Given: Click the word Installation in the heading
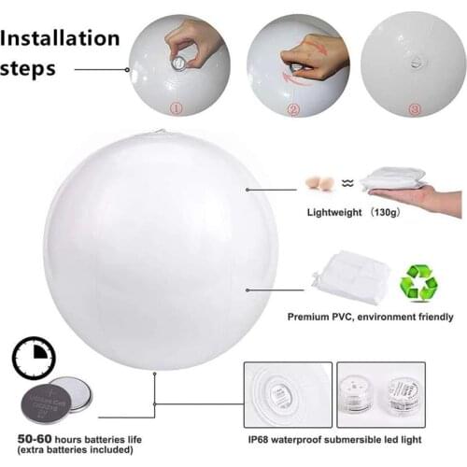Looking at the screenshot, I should (61, 38).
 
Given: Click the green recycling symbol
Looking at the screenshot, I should (418, 282).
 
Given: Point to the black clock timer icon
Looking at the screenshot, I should (34, 359).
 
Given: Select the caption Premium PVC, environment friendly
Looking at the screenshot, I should (370, 318).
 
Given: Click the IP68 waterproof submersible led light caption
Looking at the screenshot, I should (335, 437).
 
